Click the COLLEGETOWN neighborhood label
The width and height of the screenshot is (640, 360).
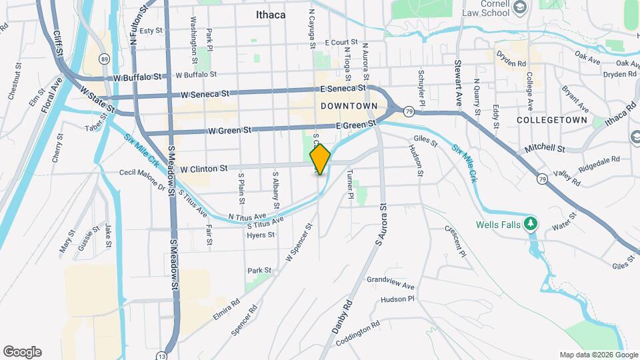point(552,120)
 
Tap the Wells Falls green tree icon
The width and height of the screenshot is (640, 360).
point(531,223)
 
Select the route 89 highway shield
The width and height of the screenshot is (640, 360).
point(105,59)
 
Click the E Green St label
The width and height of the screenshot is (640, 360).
point(357,125)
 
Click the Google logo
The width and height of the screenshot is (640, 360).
point(22,352)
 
